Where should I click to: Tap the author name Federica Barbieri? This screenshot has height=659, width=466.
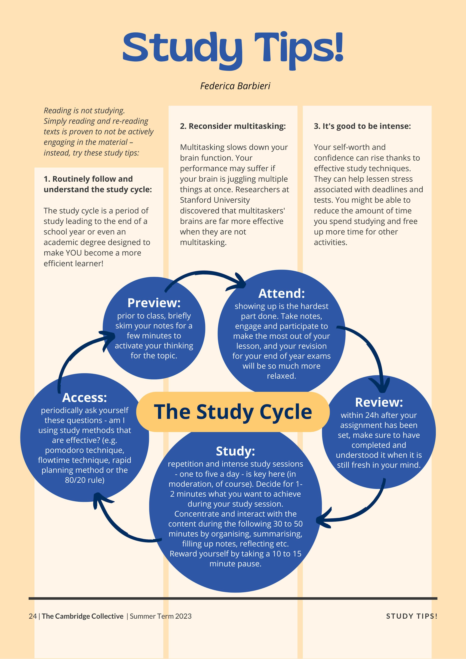coord(235,86)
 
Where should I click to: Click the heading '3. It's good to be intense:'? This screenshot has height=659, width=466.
coord(362,126)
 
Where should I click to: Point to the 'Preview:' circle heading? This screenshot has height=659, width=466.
coord(154,303)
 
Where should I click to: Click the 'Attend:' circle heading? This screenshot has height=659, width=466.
coord(281,293)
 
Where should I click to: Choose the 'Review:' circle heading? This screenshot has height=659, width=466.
coord(379,402)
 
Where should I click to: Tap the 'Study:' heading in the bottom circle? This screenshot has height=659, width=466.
coord(235,451)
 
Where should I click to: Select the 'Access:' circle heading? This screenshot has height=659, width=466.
coord(84,398)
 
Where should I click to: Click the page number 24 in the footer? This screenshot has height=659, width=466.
coord(32,616)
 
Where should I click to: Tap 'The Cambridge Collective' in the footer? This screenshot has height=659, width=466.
coord(83,616)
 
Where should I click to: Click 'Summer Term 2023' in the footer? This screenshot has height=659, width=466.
coord(161,616)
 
